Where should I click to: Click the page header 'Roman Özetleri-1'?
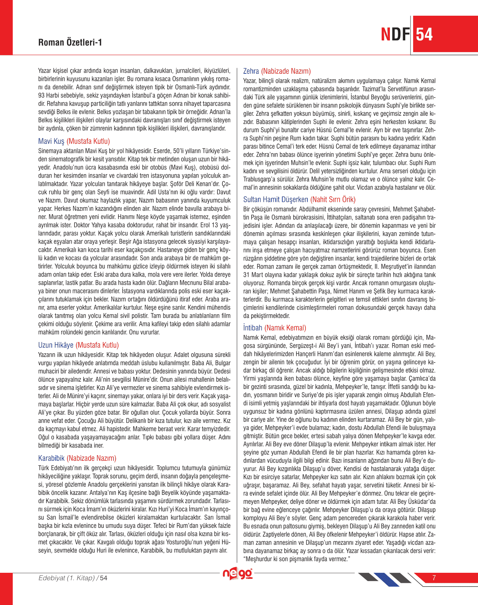pos(70,42)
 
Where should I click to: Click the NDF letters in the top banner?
pos(396,34)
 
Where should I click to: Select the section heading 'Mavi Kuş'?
pos(51,141)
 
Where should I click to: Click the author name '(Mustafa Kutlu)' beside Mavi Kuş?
pos(88,141)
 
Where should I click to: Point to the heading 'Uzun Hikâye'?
pos(56,345)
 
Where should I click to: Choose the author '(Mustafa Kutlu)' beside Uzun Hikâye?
pos(97,345)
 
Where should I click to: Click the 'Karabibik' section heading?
pos(51,458)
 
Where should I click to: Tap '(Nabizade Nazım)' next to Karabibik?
pos(91,458)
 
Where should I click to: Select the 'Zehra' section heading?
pos(251,71)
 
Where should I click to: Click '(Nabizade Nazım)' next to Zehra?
pos(286,71)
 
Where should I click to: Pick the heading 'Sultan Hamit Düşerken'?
pos(276,200)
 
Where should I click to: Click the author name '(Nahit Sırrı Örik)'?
pos(333,200)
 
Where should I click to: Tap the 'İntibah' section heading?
pos(253,328)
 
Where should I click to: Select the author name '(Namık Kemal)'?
pos(285,328)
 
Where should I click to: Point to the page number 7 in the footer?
pos(434,578)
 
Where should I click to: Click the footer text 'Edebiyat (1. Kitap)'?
pos(67,578)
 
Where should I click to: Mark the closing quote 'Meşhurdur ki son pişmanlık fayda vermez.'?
pos(297,559)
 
